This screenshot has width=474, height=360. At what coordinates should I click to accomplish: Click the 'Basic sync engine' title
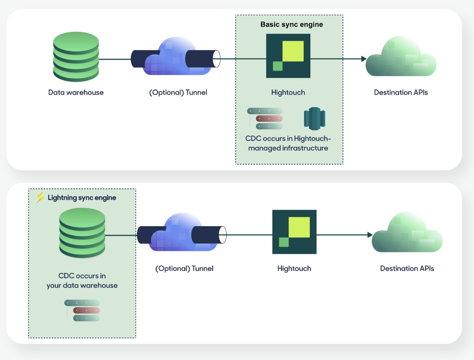[292, 24]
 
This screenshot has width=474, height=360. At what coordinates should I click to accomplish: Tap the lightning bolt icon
[40, 197]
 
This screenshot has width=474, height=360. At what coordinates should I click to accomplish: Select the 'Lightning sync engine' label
[82, 198]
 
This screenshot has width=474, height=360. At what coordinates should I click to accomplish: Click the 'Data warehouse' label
[76, 92]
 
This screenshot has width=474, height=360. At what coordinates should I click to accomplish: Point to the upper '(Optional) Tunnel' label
[178, 92]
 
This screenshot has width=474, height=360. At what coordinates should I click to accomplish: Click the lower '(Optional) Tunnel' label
[184, 268]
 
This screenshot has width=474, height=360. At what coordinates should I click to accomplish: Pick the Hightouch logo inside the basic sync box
[288, 56]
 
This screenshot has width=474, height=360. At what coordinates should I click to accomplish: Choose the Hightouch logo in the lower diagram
[294, 232]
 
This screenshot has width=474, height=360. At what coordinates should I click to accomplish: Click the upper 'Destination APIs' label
[401, 92]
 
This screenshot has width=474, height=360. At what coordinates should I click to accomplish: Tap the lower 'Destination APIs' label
[407, 268]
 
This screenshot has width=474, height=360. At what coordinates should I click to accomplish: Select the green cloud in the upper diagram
[401, 57]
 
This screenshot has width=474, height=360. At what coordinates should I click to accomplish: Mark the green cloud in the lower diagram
[407, 234]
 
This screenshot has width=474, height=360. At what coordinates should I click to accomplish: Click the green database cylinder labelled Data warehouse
[76, 57]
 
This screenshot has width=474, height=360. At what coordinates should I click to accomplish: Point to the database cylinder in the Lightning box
[82, 233]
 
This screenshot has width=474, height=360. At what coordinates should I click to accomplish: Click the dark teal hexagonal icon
[315, 119]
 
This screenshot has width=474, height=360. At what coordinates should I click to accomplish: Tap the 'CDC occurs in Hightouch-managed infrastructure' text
[288, 143]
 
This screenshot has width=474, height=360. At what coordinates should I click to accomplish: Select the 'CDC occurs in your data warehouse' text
[82, 281]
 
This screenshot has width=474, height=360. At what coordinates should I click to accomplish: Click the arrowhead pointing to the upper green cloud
[364, 59]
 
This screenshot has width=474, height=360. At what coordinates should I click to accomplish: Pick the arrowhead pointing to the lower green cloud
[370, 235]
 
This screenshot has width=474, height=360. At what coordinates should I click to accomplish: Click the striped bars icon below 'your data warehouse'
[82, 310]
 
